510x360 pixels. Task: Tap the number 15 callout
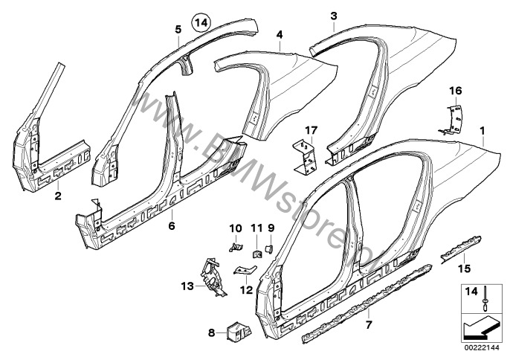[465, 269]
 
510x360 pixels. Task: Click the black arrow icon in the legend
[475, 326]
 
